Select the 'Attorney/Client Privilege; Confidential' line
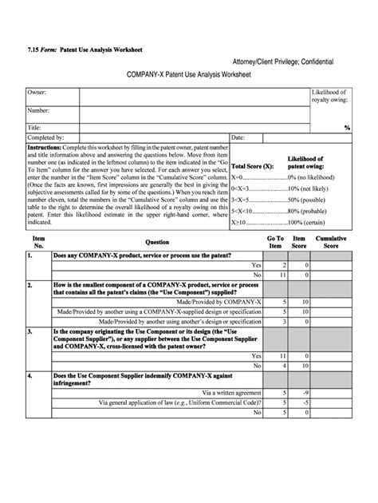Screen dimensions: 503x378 [282, 61]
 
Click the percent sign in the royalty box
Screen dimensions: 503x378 [347, 127]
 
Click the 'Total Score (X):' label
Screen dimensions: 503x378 [252, 166]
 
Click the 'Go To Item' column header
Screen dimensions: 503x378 [274, 241]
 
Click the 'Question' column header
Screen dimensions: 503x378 [156, 241]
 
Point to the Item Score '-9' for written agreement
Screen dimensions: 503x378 [305, 392]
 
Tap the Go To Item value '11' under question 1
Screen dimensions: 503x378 [283, 275]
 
